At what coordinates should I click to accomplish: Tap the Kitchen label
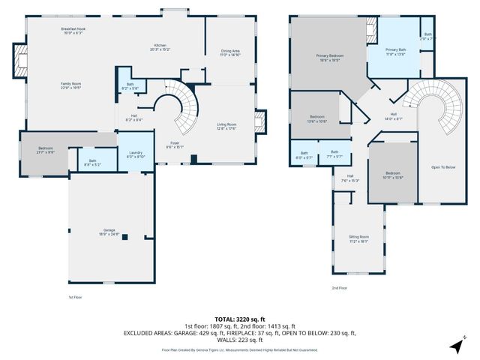pyautogui.click(x=160, y=48)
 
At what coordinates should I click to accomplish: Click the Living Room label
pyautogui.click(x=226, y=127)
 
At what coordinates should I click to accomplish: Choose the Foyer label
pyautogui.click(x=174, y=145)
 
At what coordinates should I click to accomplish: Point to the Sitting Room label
pyautogui.click(x=358, y=239)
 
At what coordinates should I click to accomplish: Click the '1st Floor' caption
pyautogui.click(x=75, y=298)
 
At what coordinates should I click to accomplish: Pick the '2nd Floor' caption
pyautogui.click(x=340, y=287)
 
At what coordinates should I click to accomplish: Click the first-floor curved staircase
pyautogui.click(x=177, y=107)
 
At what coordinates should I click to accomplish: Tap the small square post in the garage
pyautogui.click(x=126, y=237)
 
